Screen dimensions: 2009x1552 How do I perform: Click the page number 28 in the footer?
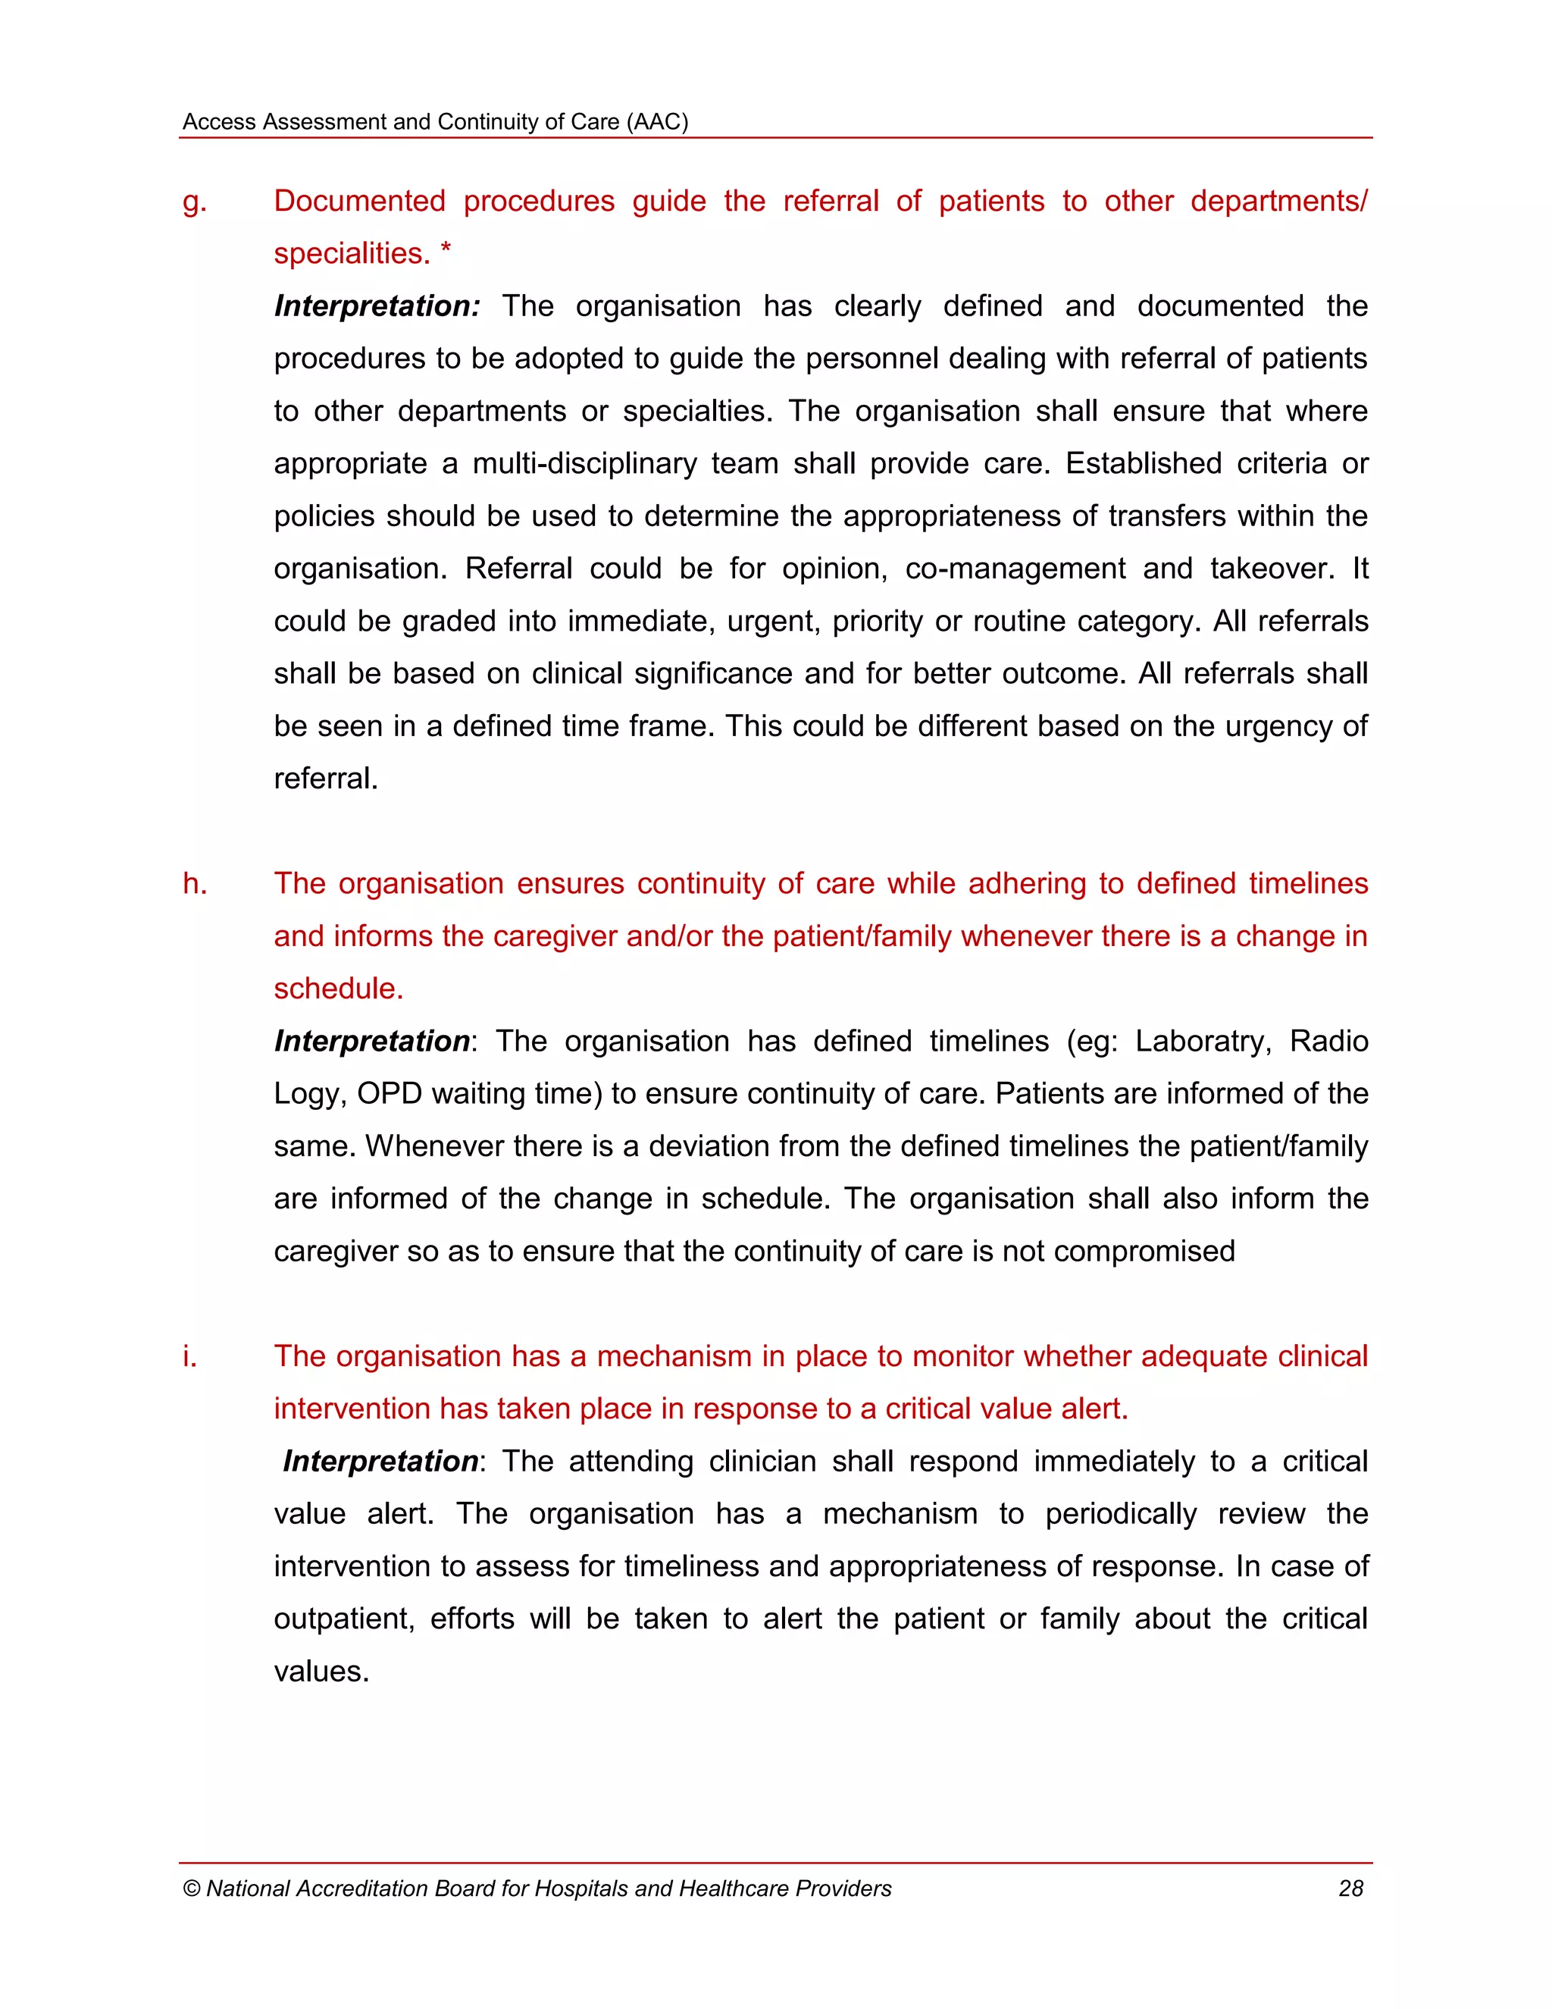pyautogui.click(x=1350, y=1888)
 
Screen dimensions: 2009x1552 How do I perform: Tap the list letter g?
pyautogui.click(x=194, y=202)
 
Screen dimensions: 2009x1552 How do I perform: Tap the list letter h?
pyautogui.click(x=194, y=883)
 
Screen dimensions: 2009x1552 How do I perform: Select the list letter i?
pyautogui.click(x=189, y=1356)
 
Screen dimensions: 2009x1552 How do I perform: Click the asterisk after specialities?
pyautogui.click(x=445, y=250)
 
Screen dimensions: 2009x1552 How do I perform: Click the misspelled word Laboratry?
pyautogui.click(x=1202, y=1042)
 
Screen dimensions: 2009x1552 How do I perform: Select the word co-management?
pyautogui.click(x=1014, y=569)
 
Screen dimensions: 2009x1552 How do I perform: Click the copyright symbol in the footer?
pyautogui.click(x=191, y=1888)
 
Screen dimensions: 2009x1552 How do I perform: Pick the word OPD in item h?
pyautogui.click(x=389, y=1094)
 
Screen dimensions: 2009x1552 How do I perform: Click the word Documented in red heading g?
pyautogui.click(x=359, y=201)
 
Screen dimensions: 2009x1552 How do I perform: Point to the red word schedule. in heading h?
pyautogui.click(x=338, y=989)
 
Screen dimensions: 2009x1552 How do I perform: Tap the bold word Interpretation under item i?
pyautogui.click(x=380, y=1462)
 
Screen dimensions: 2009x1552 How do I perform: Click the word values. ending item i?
pyautogui.click(x=321, y=1672)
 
